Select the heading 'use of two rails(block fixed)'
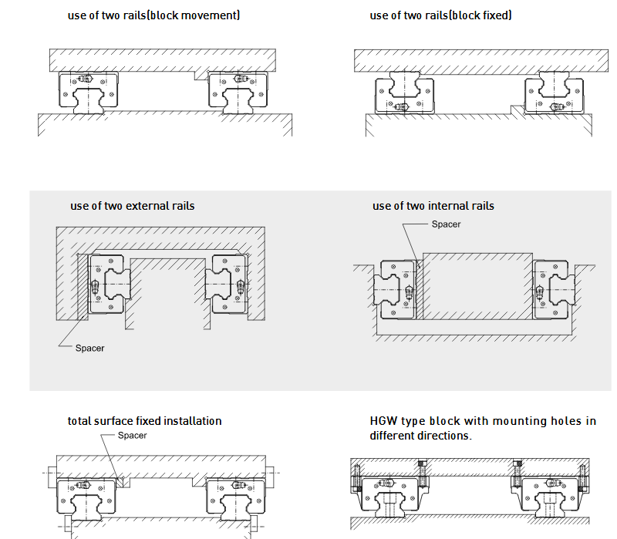pyautogui.click(x=440, y=15)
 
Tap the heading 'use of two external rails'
pyautogui.click(x=132, y=206)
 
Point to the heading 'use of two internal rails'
pyautogui.click(x=433, y=206)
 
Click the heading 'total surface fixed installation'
pyautogui.click(x=144, y=421)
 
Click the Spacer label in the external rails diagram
pyautogui.click(x=89, y=349)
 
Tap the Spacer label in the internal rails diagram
pyautogui.click(x=446, y=224)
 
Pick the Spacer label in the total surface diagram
pyautogui.click(x=132, y=436)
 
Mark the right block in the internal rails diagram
pyautogui.click(x=552, y=289)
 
